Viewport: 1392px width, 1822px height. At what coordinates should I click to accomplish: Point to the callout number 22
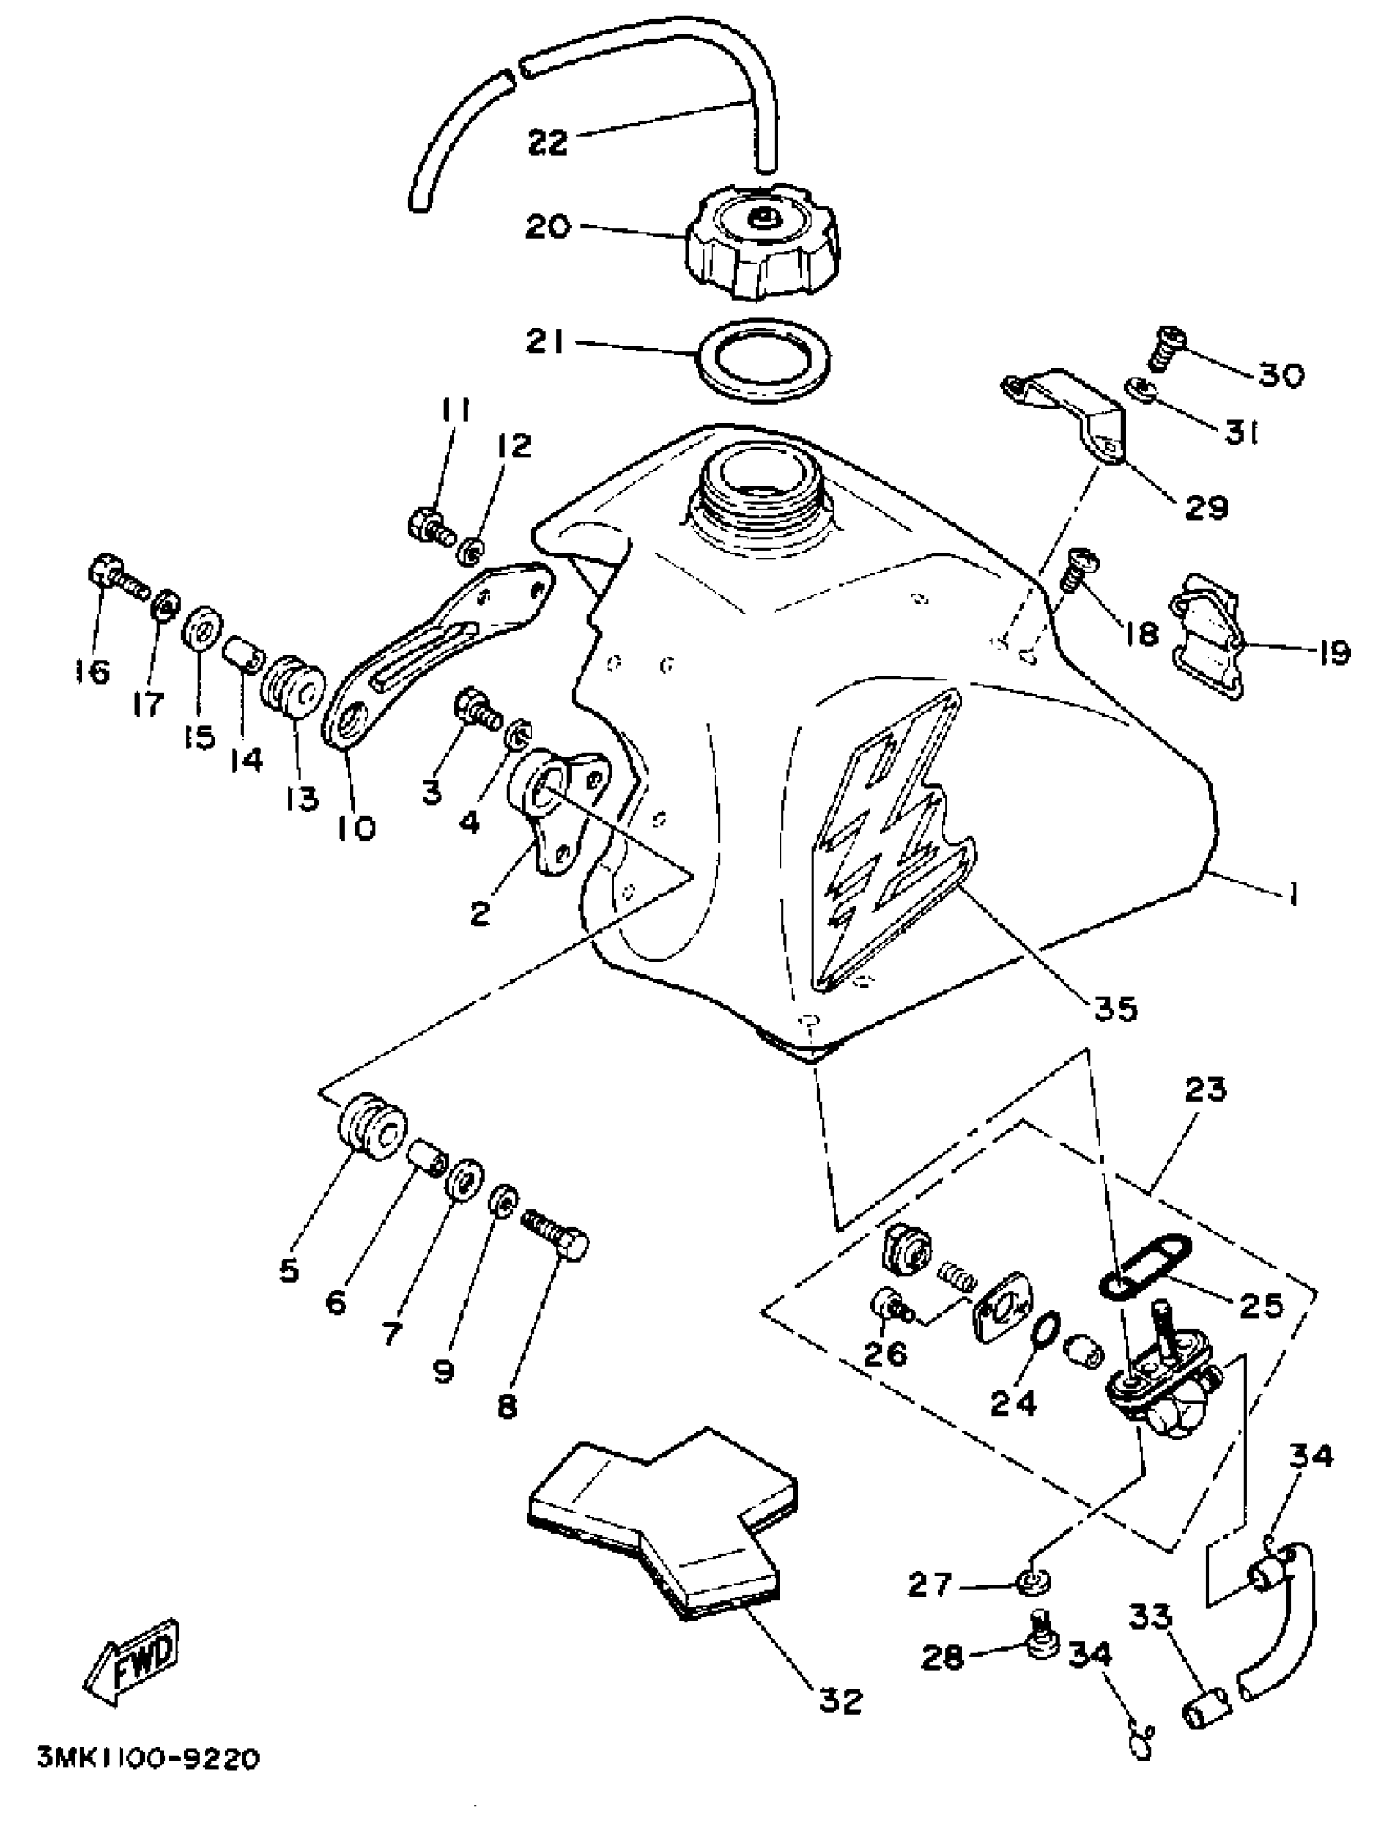tap(548, 142)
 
